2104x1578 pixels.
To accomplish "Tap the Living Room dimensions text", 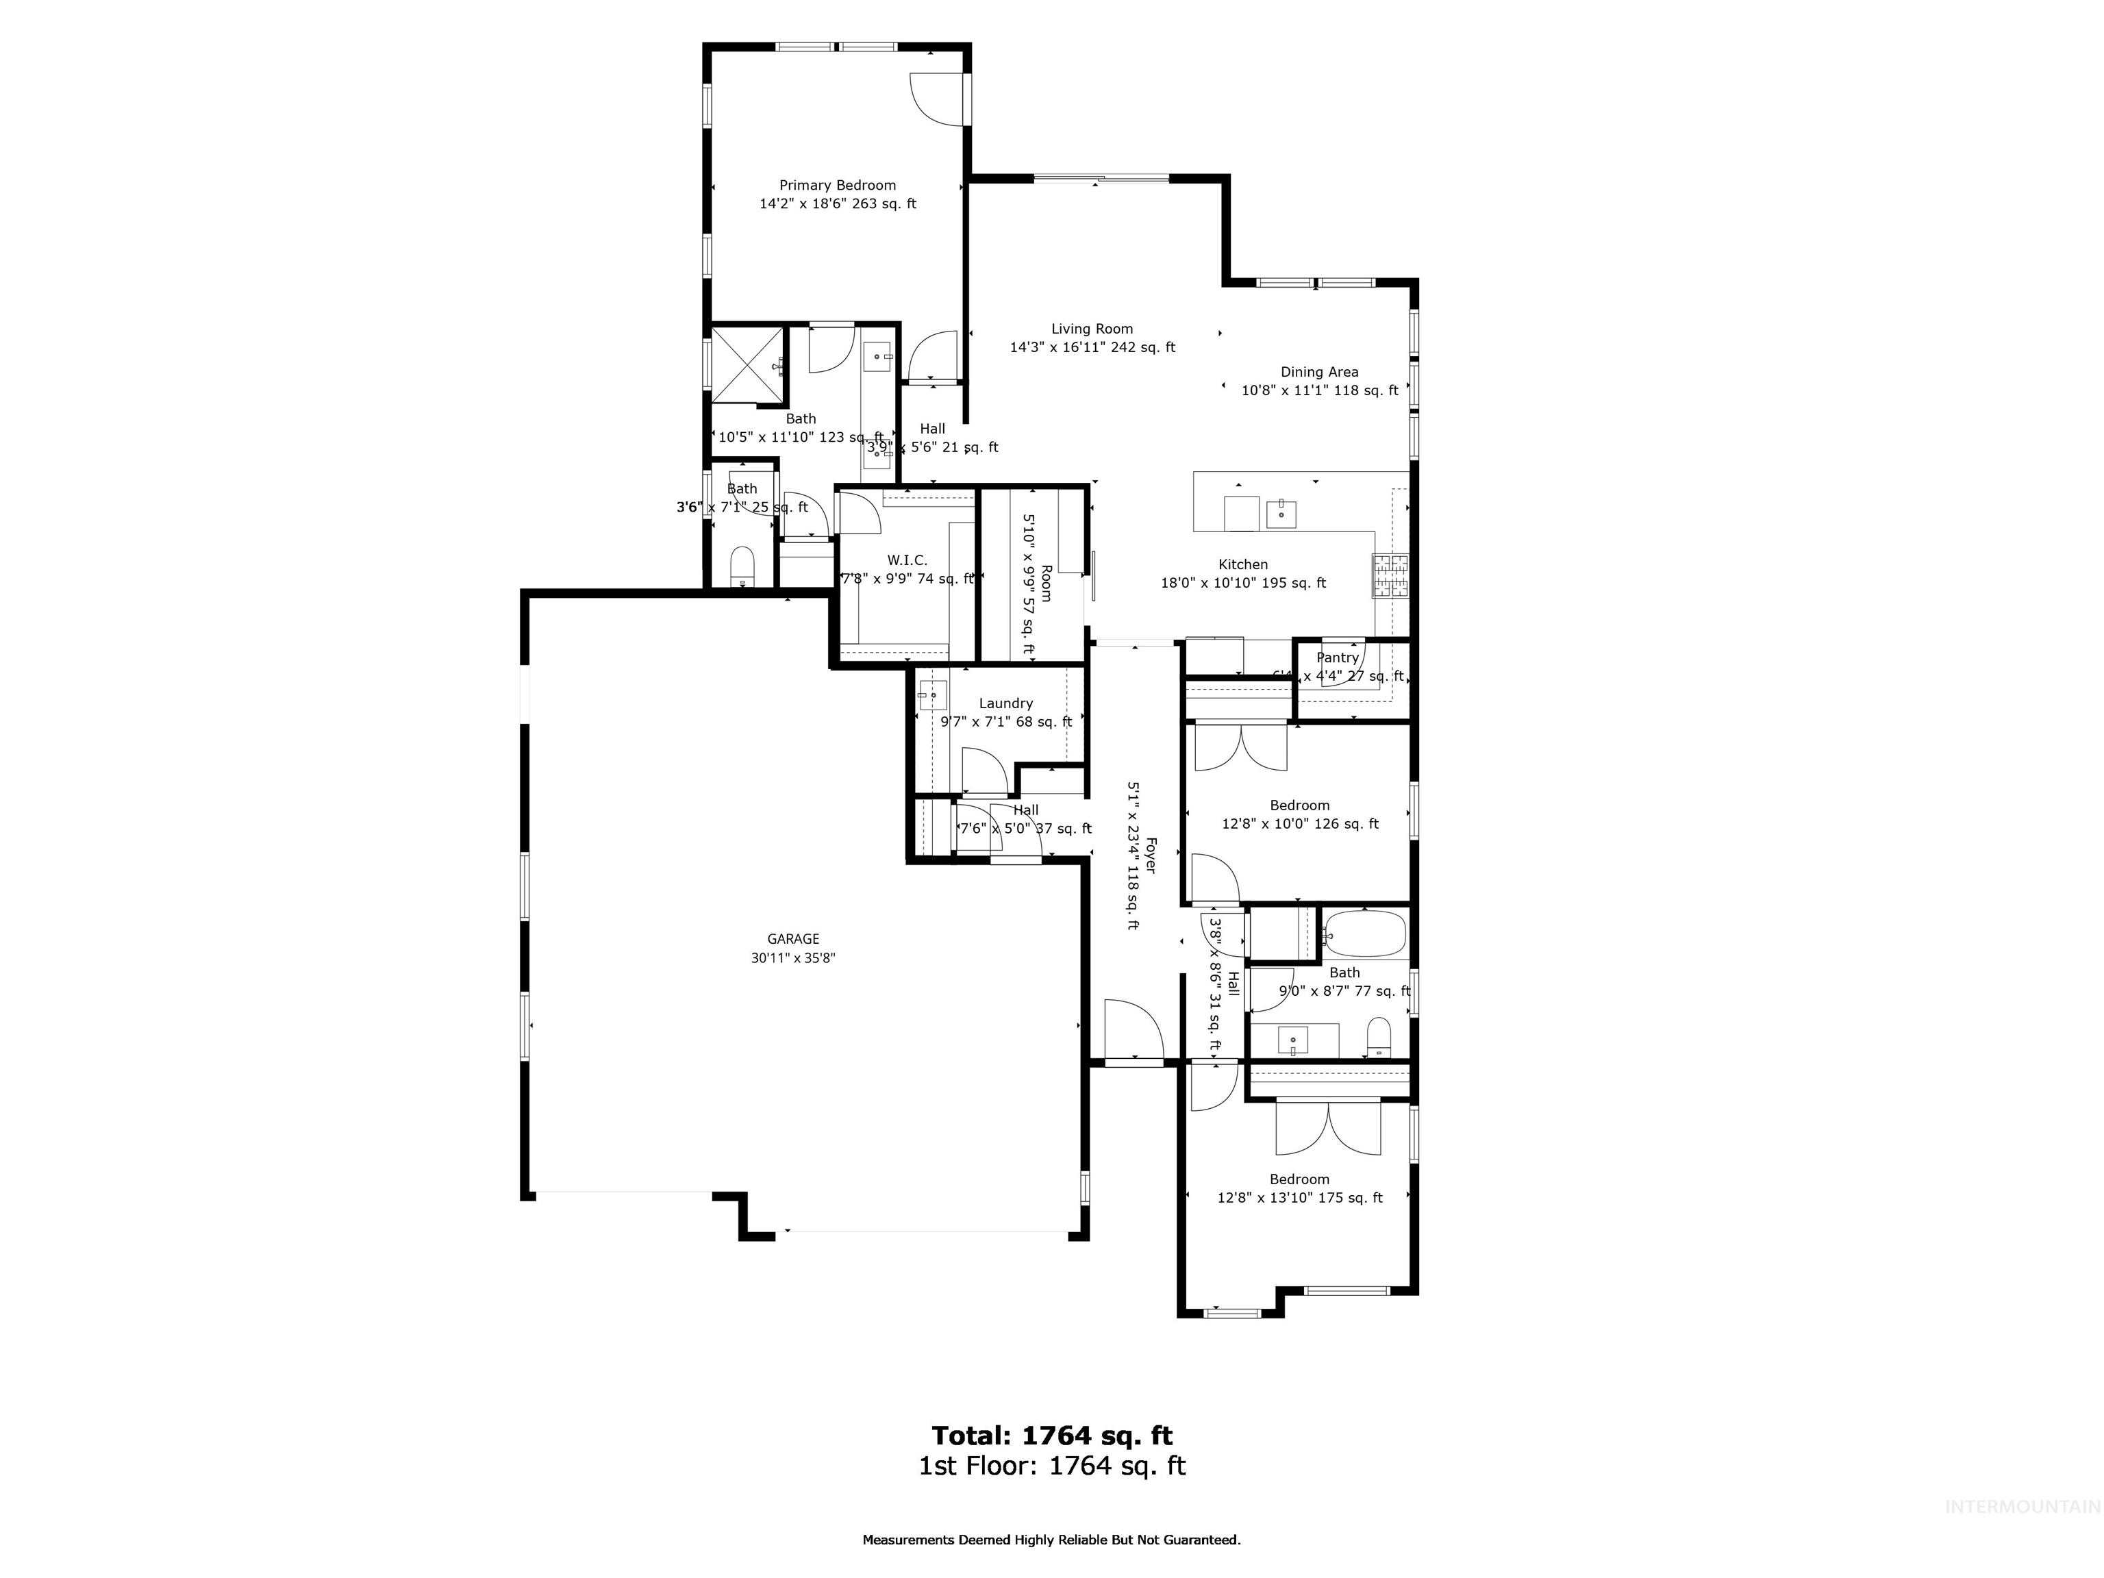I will point(1092,348).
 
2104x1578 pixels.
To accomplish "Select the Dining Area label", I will point(1319,372).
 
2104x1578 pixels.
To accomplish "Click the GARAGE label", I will point(793,939).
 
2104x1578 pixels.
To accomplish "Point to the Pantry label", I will point(1338,657).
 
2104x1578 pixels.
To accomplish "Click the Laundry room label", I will point(1005,703).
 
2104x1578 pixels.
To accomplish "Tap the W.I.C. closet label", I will point(907,560).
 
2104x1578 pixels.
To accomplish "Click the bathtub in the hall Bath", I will point(1365,935).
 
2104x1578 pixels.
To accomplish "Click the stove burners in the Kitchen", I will point(1390,575).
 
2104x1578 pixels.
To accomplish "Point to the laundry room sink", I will point(932,695).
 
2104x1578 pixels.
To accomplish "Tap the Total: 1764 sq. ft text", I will point(1051,1436).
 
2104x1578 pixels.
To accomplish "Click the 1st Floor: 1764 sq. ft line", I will point(1051,1466).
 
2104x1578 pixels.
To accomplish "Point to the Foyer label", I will point(1150,854).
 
